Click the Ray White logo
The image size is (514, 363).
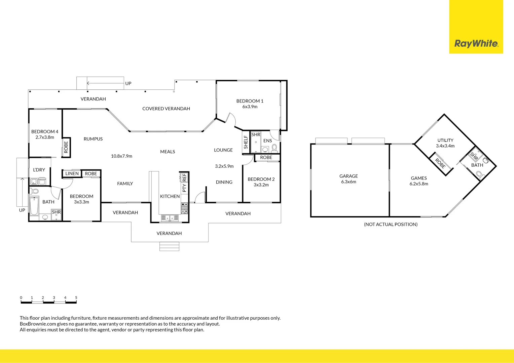[x=476, y=44]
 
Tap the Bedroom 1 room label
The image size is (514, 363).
[x=250, y=101]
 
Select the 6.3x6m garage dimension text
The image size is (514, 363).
[x=348, y=182]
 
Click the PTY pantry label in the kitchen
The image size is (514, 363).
[x=184, y=188]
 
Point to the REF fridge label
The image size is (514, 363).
[x=184, y=177]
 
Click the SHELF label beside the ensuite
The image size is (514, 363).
[x=246, y=142]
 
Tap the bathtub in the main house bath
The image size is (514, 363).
[x=34, y=206]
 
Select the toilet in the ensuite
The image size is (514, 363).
[x=274, y=147]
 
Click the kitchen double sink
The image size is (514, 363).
[x=170, y=218]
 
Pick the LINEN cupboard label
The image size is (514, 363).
[x=72, y=173]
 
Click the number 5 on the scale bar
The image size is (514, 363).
[x=76, y=298]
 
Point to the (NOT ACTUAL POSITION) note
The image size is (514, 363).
[x=391, y=224]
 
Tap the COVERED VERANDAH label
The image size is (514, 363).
[x=166, y=109]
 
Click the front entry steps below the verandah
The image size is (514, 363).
[x=169, y=246]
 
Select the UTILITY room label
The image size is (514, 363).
[x=445, y=140]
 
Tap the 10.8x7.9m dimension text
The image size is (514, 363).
[x=121, y=156]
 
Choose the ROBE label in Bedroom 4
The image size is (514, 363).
[x=66, y=147]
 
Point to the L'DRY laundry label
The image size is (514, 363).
[x=39, y=170]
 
